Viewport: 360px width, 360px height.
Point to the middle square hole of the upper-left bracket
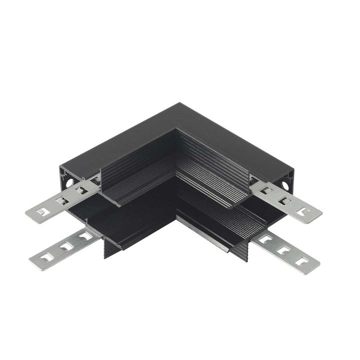pos(62,201)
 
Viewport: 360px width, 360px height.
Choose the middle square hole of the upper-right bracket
pos(285,201)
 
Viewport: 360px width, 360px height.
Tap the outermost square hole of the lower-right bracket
pos(300,260)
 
